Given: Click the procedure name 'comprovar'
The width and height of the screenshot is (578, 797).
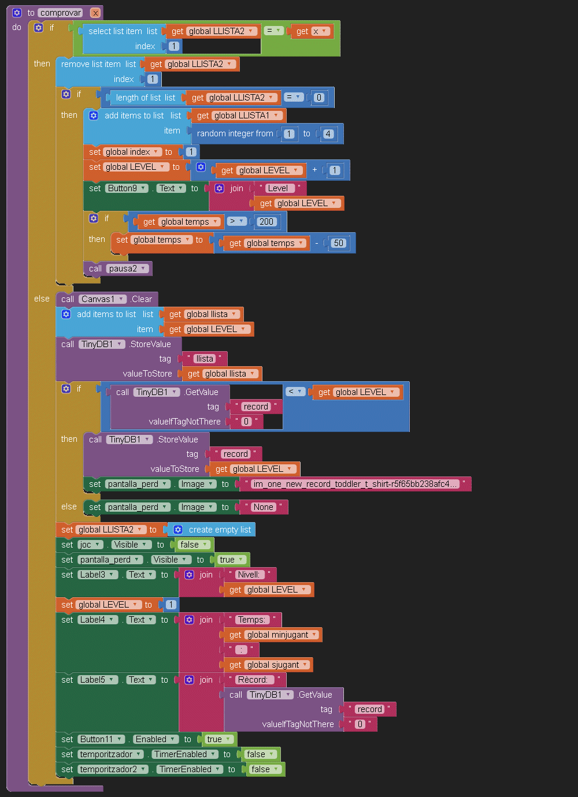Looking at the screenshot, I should (x=61, y=13).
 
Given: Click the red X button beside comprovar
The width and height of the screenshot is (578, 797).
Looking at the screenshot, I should (x=95, y=13).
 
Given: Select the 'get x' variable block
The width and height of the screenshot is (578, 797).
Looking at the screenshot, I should (x=312, y=31).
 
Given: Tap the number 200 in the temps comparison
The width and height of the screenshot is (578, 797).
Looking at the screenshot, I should (x=266, y=222).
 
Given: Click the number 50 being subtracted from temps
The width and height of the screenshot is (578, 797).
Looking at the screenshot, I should (x=339, y=243).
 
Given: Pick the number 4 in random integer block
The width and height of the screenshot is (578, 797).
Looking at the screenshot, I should (x=328, y=134).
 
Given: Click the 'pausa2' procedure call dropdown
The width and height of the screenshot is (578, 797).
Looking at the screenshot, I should (x=127, y=269).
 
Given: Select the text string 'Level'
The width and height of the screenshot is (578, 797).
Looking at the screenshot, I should (x=277, y=188).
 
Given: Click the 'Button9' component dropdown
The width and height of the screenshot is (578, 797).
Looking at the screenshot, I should (x=127, y=188).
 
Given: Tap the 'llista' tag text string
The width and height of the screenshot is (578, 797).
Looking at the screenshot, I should (x=205, y=359).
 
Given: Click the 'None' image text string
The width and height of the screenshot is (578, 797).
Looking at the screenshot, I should (x=263, y=507).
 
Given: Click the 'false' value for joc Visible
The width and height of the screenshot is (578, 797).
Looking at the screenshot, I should (x=193, y=545).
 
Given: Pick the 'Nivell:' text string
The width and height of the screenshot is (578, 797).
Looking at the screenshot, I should (x=249, y=575).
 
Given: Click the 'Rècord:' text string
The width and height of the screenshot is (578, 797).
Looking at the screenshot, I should (x=253, y=680).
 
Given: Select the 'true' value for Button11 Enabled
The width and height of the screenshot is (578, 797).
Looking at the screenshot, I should (x=217, y=739).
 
